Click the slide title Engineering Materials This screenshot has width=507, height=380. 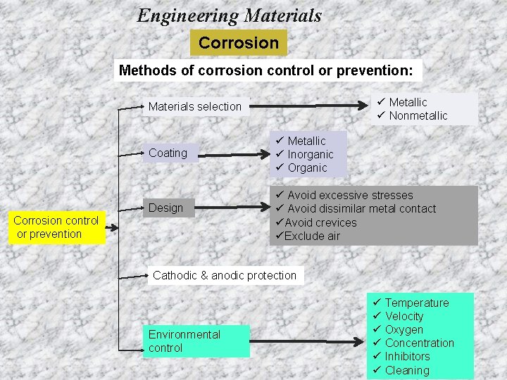coord(230,15)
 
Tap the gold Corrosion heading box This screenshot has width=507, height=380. coord(239,43)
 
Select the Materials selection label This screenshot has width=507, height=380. coord(195,107)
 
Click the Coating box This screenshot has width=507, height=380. coord(168,153)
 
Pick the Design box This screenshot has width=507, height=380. coord(165,208)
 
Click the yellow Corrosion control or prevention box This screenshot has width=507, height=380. coord(56,227)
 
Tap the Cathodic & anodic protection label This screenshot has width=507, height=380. coord(225,275)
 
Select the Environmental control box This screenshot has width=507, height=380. coord(184,341)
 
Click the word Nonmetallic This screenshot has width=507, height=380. coord(418,116)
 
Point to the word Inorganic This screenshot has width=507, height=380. coord(311,155)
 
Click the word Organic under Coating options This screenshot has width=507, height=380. coord(308,168)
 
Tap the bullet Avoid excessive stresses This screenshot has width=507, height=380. coord(350,196)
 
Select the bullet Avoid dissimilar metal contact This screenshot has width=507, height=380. coord(361,209)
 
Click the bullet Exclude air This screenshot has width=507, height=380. coord(312,236)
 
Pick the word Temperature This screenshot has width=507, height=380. coord(416,303)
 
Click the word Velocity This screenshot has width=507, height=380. coord(404,316)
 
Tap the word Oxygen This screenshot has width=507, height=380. coord(404,329)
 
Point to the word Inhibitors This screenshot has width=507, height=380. coord(407,356)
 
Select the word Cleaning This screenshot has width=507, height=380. coord(407,370)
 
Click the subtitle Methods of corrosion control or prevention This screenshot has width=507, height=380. coord(270,70)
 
